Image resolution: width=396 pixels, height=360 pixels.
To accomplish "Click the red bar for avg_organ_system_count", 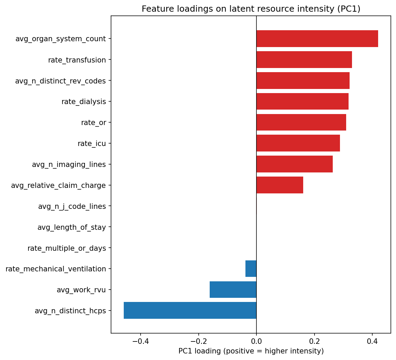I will point(317,39).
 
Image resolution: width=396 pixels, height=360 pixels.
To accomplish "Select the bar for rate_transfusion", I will point(304,60).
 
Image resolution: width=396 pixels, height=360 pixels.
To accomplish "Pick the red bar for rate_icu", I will point(298,143).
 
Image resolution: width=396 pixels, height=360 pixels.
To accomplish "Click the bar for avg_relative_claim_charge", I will point(279,185).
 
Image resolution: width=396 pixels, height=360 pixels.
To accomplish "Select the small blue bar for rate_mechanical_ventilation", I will point(251,269).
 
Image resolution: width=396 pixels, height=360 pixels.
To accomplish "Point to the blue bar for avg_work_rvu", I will point(233,290).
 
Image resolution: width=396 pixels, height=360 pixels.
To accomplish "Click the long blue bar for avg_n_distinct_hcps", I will point(190,311).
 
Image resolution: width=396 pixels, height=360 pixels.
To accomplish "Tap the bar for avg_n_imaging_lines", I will point(294,164).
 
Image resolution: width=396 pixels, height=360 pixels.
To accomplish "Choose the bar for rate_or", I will point(301,122).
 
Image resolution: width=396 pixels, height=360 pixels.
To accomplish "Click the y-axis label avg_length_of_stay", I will point(71,227).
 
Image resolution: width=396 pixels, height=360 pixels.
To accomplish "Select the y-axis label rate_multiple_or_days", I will point(67,248).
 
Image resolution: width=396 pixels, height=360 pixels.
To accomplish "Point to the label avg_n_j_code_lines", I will point(72,206).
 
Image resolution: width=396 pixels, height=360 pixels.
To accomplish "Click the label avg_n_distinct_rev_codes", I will point(60,81).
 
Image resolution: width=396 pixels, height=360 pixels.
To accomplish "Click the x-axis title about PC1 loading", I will point(251,351).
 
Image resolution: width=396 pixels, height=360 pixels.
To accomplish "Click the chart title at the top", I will point(251,9).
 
